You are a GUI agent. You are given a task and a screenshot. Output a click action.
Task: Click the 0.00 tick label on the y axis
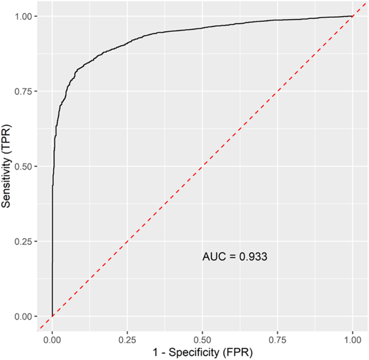tap(24, 316)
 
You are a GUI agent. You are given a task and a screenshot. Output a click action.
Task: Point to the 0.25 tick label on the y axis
tap(24, 242)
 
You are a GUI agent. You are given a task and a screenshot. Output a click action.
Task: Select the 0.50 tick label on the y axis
tap(24, 166)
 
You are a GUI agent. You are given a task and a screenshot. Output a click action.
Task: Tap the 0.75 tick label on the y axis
tap(24, 91)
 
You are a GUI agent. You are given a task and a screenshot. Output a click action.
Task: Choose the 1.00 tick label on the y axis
tap(24, 17)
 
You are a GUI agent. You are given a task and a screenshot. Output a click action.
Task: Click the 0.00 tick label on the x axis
tap(52, 340)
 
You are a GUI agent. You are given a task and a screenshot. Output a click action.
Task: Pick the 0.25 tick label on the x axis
tap(127, 340)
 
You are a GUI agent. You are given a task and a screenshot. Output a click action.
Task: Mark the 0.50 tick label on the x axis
tap(203, 340)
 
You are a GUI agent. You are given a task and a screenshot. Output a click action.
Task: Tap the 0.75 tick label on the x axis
tap(277, 340)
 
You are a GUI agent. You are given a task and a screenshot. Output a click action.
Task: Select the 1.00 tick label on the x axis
tap(353, 340)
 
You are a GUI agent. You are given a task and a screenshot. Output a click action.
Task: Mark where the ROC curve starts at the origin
tap(52, 316)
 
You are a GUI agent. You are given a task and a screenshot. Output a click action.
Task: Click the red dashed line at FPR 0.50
tap(203, 166)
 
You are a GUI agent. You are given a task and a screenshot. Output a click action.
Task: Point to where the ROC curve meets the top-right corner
tap(352, 16)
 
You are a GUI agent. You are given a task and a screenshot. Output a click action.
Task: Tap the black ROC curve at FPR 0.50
tap(203, 27)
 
